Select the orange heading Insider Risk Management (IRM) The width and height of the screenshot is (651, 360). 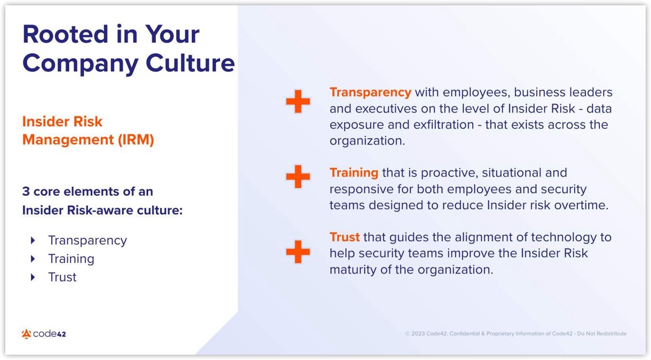pyautogui.click(x=88, y=131)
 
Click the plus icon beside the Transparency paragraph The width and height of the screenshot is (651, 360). pyautogui.click(x=298, y=101)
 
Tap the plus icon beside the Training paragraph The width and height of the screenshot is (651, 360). pyautogui.click(x=298, y=177)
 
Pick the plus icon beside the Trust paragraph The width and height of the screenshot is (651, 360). pyautogui.click(x=298, y=252)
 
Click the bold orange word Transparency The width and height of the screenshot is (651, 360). pyautogui.click(x=370, y=92)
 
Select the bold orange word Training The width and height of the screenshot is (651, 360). pyautogui.click(x=354, y=173)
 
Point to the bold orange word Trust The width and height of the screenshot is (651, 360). pyautogui.click(x=345, y=237)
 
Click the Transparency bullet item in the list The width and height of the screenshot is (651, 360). pyautogui.click(x=88, y=241)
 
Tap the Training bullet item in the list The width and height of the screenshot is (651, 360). pyautogui.click(x=71, y=259)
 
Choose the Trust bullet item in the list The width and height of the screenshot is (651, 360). pyautogui.click(x=62, y=277)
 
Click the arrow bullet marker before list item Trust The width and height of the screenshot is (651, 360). pyautogui.click(x=34, y=277)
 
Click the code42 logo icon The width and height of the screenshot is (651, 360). pyautogui.click(x=26, y=334)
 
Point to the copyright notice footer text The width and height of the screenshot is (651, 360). pyautogui.click(x=515, y=334)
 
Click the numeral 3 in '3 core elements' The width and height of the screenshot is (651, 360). pyautogui.click(x=26, y=191)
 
